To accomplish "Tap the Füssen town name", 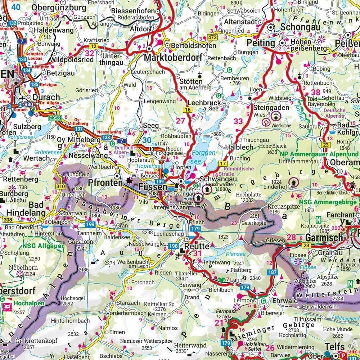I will click(153, 187).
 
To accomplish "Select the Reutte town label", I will click(197, 247).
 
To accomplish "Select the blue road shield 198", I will click(173, 246).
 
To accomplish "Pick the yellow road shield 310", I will click(60, 186).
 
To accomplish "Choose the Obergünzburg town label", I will click(59, 7).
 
